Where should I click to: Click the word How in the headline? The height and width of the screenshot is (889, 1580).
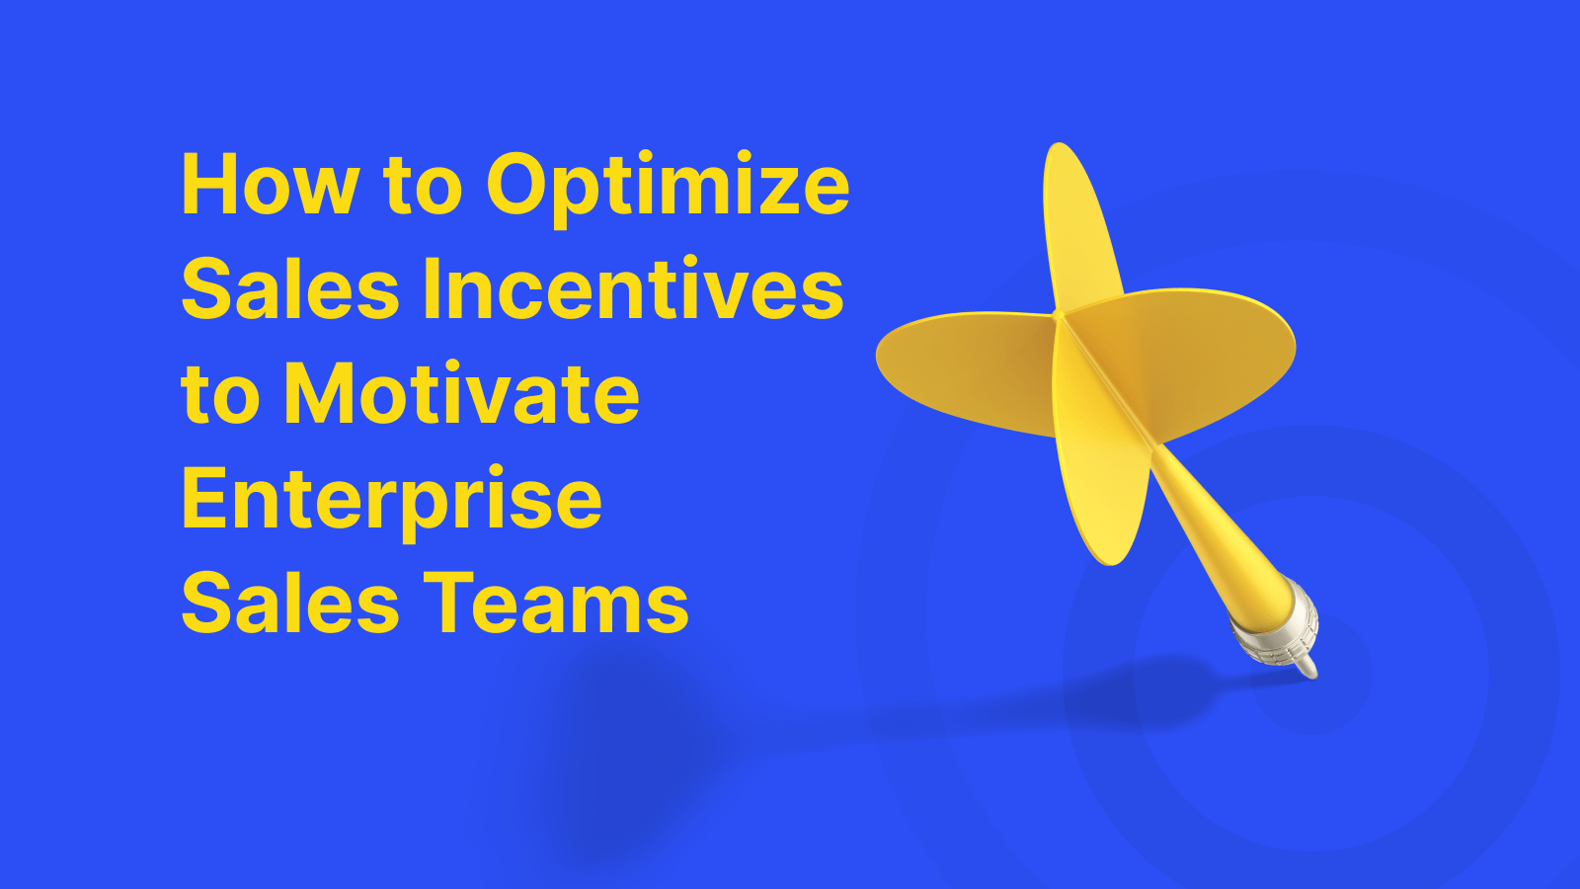click(x=270, y=185)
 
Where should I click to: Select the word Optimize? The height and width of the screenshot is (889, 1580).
click(x=668, y=185)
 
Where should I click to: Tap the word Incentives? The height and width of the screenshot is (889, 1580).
click(x=633, y=289)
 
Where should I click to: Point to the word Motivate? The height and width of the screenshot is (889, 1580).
click(x=462, y=395)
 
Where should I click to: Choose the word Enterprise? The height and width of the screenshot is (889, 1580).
click(x=391, y=501)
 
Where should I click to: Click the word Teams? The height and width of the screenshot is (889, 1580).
click(x=557, y=605)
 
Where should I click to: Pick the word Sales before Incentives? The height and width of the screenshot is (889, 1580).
click(x=290, y=289)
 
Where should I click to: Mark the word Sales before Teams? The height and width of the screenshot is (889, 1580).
click(x=290, y=605)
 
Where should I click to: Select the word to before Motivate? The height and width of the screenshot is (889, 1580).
click(x=221, y=395)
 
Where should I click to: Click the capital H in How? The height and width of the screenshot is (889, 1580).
click(x=205, y=185)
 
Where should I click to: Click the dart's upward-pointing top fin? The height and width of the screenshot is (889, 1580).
click(x=1077, y=227)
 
